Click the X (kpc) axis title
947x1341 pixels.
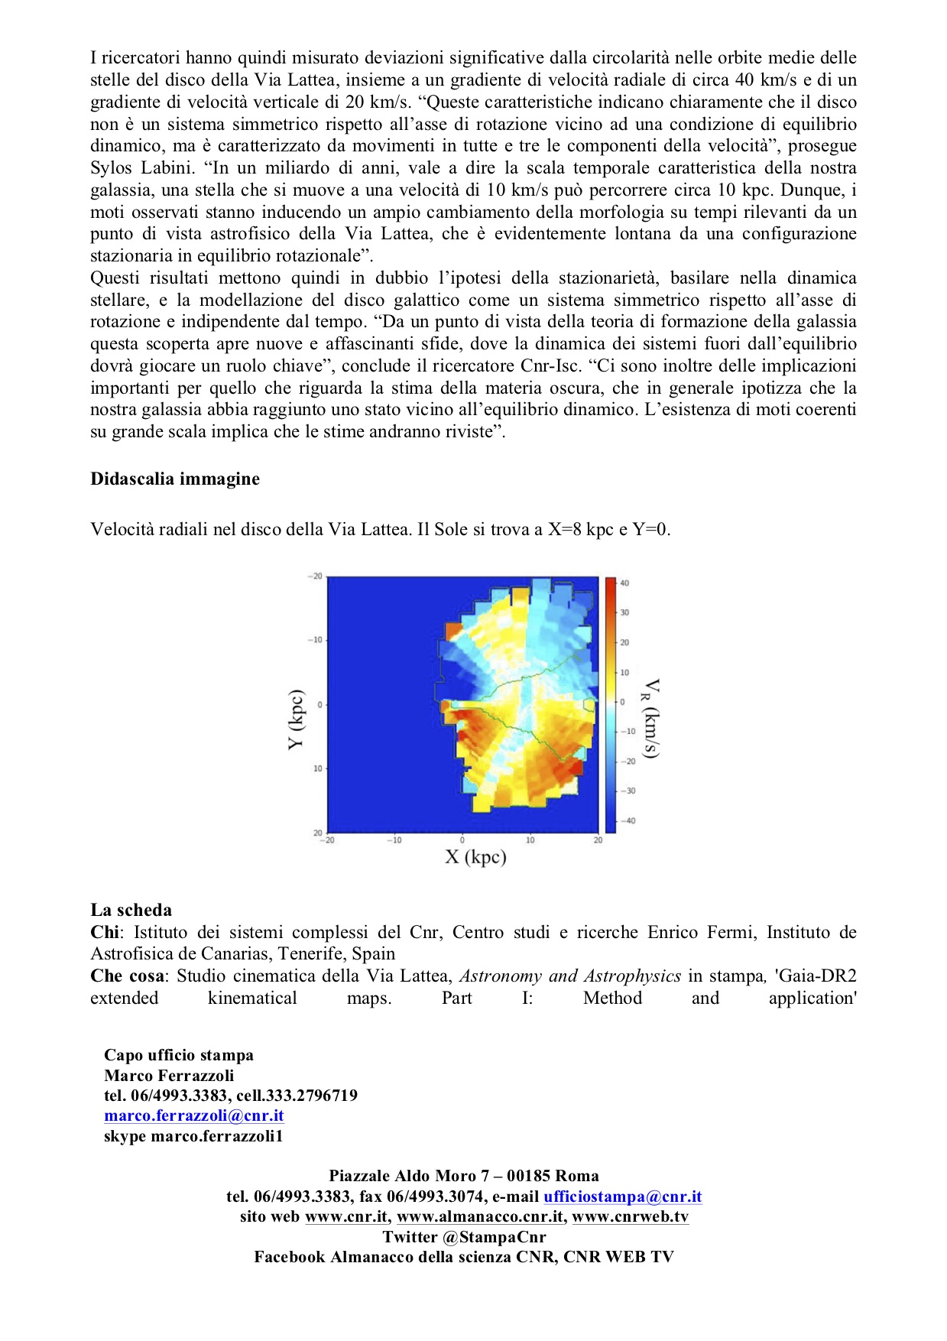pyautogui.click(x=475, y=857)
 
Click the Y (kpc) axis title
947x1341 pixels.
pyautogui.click(x=297, y=719)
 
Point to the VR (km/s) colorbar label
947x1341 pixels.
pyautogui.click(x=650, y=718)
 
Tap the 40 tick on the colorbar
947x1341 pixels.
pyautogui.click(x=624, y=583)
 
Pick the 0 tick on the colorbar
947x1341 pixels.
pyautogui.click(x=622, y=702)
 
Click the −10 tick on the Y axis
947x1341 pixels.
pyautogui.click(x=316, y=640)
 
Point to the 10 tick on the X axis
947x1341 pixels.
pyautogui.click(x=530, y=840)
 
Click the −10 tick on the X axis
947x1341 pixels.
pyautogui.click(x=394, y=840)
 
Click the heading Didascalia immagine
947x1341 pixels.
pyautogui.click(x=175, y=479)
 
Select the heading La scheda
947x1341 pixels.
pyautogui.click(x=131, y=910)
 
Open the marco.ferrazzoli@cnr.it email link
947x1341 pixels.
pyautogui.click(x=194, y=1115)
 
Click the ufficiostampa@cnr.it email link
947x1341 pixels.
pyautogui.click(x=622, y=1197)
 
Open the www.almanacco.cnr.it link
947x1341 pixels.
pyautogui.click(x=481, y=1216)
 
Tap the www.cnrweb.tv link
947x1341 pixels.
pyautogui.click(x=630, y=1216)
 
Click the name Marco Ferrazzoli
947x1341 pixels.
pyautogui.click(x=169, y=1075)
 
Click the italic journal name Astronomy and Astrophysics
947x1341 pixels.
pyautogui.click(x=569, y=976)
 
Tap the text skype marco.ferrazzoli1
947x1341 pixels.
pyautogui.click(x=193, y=1136)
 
